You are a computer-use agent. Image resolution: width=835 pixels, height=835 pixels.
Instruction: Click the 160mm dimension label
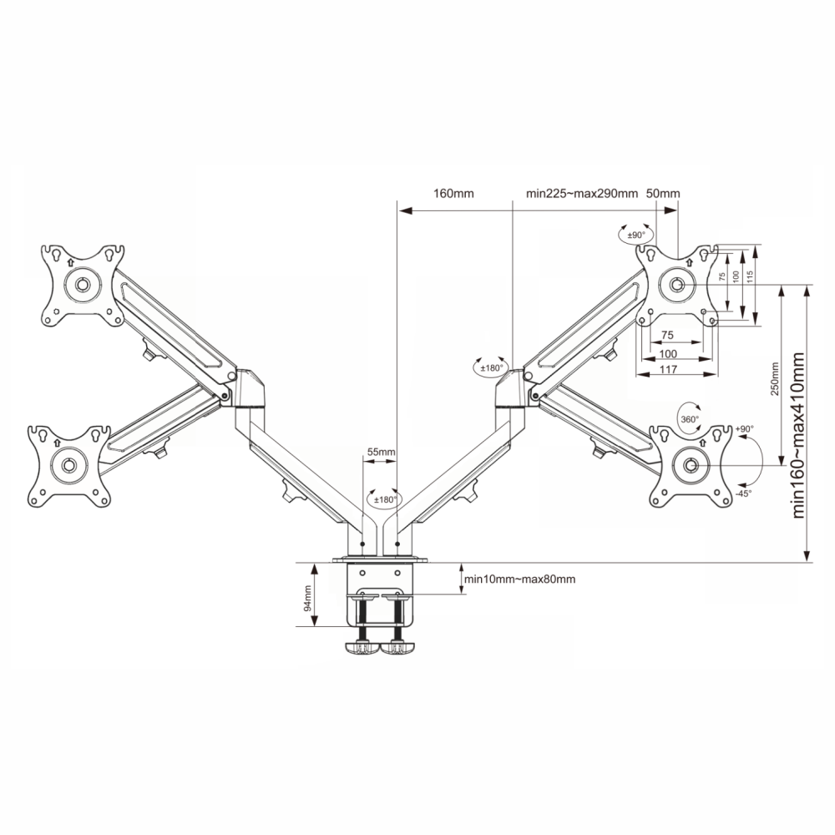[x=453, y=194]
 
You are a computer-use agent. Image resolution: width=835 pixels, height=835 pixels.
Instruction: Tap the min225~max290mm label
[x=581, y=194]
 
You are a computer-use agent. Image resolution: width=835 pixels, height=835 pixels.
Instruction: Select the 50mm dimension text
[x=663, y=194]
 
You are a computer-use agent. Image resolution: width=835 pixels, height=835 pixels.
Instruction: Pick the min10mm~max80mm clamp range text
[x=520, y=579]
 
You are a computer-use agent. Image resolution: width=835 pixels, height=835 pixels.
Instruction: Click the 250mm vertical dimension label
[x=775, y=378]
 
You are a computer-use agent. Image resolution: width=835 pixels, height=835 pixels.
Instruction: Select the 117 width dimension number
[x=668, y=369]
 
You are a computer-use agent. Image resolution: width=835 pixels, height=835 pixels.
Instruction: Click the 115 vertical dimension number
[x=750, y=277]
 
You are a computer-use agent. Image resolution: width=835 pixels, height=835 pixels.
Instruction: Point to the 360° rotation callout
[x=690, y=419]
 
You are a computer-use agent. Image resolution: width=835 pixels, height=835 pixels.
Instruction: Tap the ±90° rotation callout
[x=635, y=235]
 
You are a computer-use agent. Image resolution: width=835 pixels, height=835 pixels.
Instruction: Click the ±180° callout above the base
[x=385, y=500]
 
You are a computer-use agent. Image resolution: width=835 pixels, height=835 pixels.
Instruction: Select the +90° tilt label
[x=744, y=428]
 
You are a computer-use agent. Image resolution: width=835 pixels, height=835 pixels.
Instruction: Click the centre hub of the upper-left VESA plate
[x=83, y=285]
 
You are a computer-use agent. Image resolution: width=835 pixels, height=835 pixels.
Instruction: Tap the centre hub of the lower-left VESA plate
[x=68, y=465]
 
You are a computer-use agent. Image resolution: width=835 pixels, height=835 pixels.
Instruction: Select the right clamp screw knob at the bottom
[x=397, y=648]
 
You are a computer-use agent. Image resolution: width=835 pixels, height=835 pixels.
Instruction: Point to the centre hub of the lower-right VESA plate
[x=691, y=465]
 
